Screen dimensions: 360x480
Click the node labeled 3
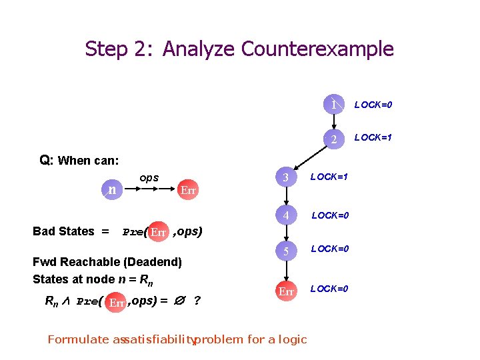pyautogui.click(x=286, y=178)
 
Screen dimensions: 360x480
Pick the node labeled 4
pyautogui.click(x=286, y=216)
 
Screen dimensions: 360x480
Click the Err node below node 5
pyautogui.click(x=286, y=291)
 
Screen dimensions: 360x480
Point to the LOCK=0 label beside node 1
pyautogui.click(x=373, y=105)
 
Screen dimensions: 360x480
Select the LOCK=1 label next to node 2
pyautogui.click(x=373, y=138)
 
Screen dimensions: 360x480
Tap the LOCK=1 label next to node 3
pyautogui.click(x=329, y=177)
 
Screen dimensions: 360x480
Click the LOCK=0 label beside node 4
pyautogui.click(x=331, y=215)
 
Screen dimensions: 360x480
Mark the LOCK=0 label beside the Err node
pyautogui.click(x=329, y=288)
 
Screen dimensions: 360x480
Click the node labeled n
pyautogui.click(x=113, y=189)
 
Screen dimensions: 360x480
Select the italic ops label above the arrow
pyautogui.click(x=149, y=179)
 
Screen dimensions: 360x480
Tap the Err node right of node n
pyautogui.click(x=188, y=190)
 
